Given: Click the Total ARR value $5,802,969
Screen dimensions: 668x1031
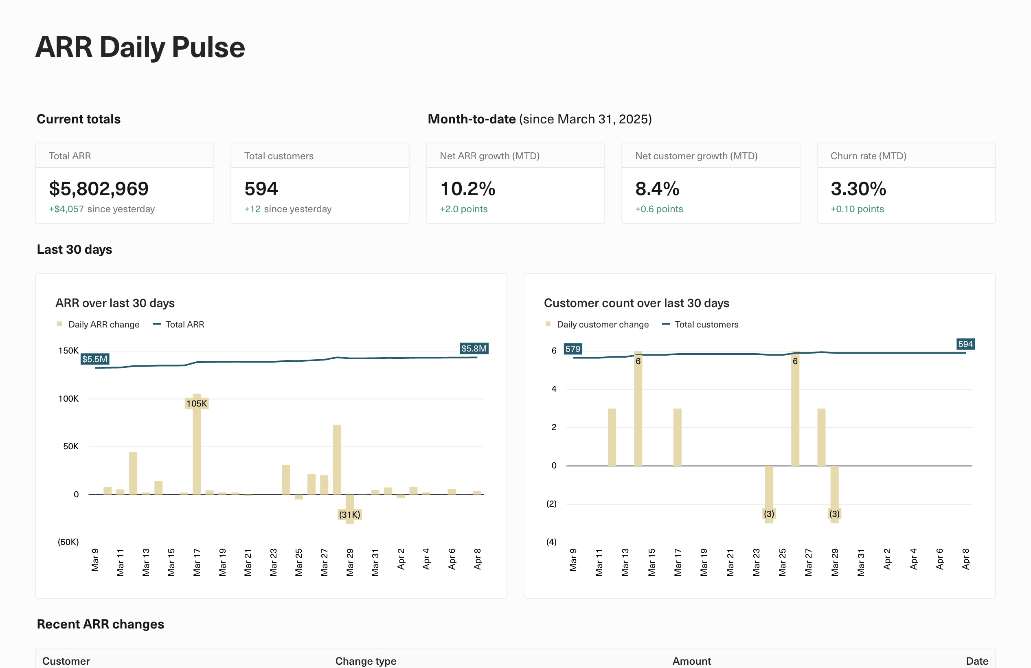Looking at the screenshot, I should [x=99, y=189].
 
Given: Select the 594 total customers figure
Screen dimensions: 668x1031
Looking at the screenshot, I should [x=261, y=189].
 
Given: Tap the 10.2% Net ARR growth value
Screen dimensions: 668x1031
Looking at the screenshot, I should [x=467, y=189].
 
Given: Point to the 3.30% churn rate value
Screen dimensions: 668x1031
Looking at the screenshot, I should [x=858, y=189].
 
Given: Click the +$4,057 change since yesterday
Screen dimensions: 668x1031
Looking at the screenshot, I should [x=66, y=209].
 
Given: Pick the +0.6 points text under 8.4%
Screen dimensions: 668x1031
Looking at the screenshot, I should [x=659, y=209].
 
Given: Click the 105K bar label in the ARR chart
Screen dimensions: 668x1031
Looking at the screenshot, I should [x=197, y=403].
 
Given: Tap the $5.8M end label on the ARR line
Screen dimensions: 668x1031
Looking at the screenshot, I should [x=474, y=348].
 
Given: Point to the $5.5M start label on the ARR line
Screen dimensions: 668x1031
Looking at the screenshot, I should [x=95, y=359].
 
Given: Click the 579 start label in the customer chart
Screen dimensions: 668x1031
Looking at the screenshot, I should [x=573, y=349].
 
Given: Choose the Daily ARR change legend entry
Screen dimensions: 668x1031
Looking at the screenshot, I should [x=103, y=325].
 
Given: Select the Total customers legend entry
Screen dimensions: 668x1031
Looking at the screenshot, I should [x=706, y=325].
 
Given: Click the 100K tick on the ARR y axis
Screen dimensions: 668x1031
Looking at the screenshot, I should [x=68, y=398].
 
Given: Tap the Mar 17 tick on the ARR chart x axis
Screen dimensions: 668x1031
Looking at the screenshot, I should [x=197, y=562].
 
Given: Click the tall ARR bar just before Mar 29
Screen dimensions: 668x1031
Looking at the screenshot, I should [x=337, y=459].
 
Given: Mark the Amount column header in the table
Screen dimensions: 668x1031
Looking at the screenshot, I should [x=691, y=661].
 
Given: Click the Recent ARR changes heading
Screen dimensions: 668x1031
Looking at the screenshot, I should [x=101, y=624].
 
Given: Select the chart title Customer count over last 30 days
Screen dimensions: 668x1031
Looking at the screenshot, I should [x=636, y=303].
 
